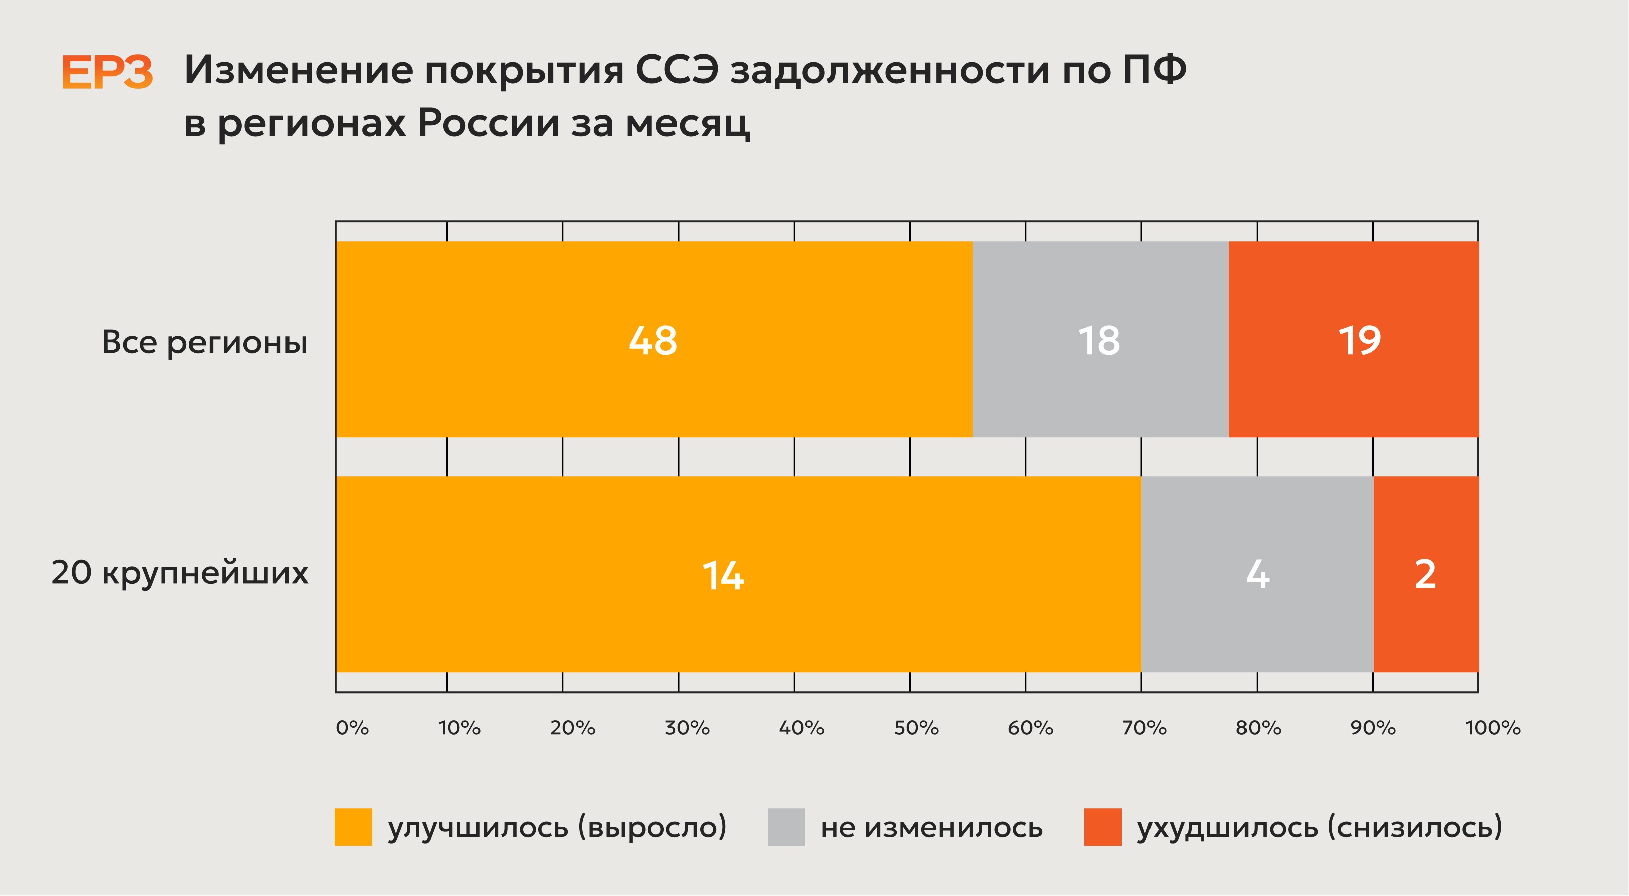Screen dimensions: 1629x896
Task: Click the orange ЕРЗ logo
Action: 108,72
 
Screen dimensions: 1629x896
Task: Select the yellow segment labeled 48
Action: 654,339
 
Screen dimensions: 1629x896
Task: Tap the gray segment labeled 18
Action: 1100,339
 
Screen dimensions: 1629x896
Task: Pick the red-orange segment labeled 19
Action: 1353,339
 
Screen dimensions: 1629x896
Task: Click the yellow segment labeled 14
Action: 739,574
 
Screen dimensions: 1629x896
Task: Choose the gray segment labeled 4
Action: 1257,574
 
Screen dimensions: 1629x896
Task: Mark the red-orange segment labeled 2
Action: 1426,574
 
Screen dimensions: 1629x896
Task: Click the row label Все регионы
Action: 204,343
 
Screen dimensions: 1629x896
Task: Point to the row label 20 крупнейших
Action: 179,573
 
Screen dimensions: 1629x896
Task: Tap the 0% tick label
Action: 352,728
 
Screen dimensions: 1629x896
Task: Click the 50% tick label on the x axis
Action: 916,728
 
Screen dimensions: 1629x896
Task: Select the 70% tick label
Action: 1144,728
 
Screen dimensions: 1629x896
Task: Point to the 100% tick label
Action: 1493,728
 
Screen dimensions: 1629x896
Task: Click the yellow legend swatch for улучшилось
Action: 353,827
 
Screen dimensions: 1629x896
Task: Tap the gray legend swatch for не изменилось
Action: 786,827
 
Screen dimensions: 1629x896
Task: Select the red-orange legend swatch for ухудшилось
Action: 1103,827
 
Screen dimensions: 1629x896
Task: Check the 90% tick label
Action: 1373,728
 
